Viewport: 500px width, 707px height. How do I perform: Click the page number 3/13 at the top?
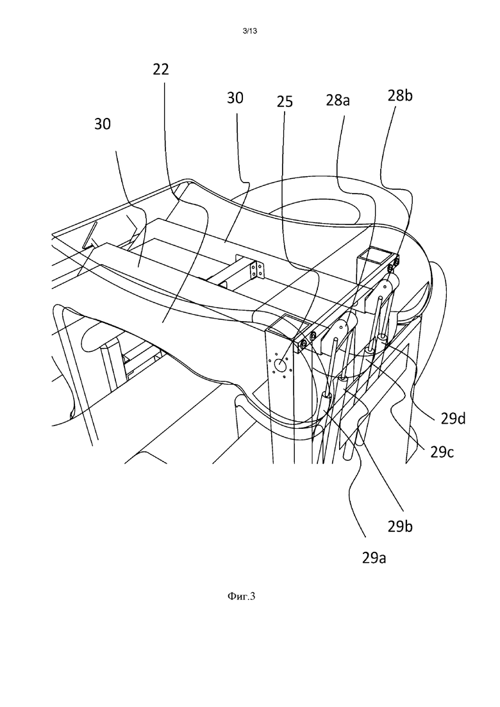point(250,31)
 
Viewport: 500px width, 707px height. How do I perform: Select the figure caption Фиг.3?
point(241,597)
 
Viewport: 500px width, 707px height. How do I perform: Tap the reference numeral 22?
point(161,69)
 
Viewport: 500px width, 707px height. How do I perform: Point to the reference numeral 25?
point(285,101)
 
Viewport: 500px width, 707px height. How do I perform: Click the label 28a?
point(338,100)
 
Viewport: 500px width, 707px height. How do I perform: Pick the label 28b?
point(399,96)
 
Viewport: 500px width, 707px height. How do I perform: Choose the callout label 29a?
point(374,558)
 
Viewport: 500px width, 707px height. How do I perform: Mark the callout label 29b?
point(400,526)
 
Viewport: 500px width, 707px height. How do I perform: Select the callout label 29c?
point(441,453)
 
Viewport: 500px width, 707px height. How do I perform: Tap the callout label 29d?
point(453,419)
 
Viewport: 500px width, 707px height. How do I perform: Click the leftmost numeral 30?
point(103,124)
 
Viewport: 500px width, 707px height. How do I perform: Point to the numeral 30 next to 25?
point(235,98)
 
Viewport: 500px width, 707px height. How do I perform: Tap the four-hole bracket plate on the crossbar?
point(258,270)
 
